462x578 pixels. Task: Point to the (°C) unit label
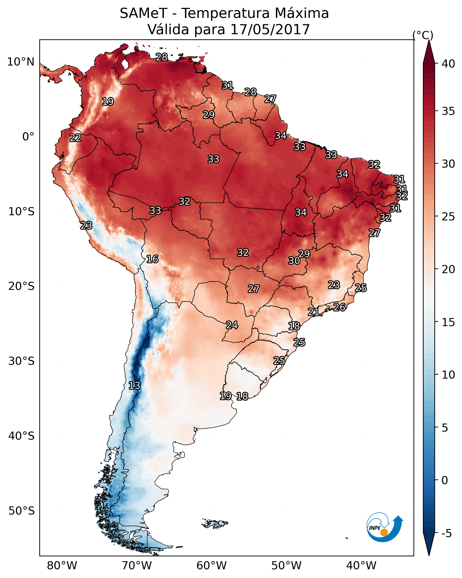click(423, 35)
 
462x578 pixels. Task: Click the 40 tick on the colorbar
click(448, 64)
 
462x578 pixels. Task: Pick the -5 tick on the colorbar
click(446, 534)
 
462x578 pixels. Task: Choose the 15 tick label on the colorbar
click(448, 323)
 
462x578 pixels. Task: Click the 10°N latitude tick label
click(21, 62)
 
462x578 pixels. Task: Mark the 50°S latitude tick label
click(21, 511)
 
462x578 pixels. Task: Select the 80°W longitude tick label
click(62, 566)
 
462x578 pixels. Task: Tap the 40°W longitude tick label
click(361, 566)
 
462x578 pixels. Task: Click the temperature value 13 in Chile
click(134, 386)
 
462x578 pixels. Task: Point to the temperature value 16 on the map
click(152, 259)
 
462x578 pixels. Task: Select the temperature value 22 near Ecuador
click(75, 138)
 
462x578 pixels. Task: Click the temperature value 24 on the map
click(232, 325)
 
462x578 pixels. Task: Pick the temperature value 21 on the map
click(313, 312)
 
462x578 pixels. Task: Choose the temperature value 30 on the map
click(294, 261)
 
